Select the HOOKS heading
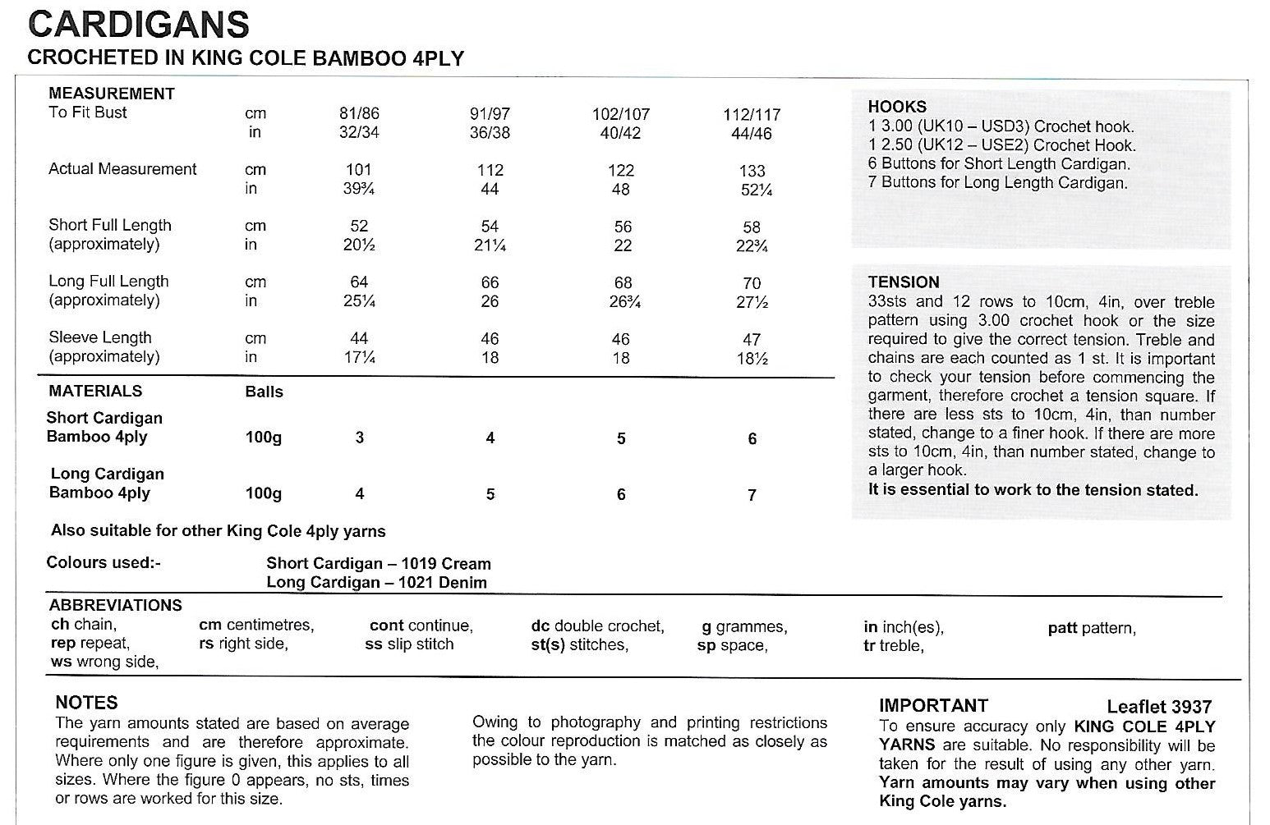pyautogui.click(x=897, y=107)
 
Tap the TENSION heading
pyautogui.click(x=904, y=282)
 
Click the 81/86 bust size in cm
pyautogui.click(x=359, y=114)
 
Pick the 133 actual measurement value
pyautogui.click(x=752, y=171)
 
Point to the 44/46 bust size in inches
pyautogui.click(x=752, y=134)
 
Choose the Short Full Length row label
pyautogui.click(x=110, y=225)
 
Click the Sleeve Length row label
pyautogui.click(x=100, y=337)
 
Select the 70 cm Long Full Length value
pyautogui.click(x=752, y=283)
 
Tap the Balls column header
pyautogui.click(x=264, y=392)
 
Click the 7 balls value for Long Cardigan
pyautogui.click(x=752, y=495)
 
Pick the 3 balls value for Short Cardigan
pyautogui.click(x=359, y=438)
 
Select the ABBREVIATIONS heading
pyautogui.click(x=115, y=606)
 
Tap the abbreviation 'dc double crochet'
pyautogui.click(x=597, y=626)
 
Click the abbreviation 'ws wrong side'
pyautogui.click(x=104, y=662)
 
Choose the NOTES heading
pyautogui.click(x=86, y=703)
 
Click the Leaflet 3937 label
pyautogui.click(x=1158, y=707)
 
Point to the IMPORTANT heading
pyautogui.click(x=933, y=706)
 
